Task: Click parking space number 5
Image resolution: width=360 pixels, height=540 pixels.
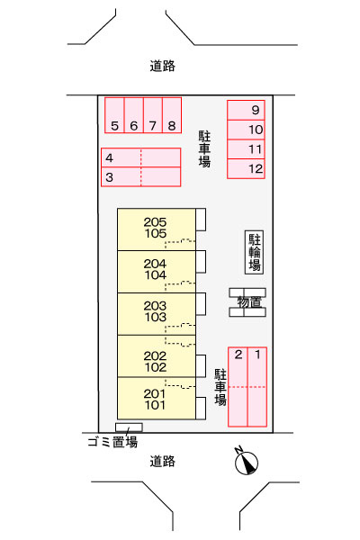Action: point(114,115)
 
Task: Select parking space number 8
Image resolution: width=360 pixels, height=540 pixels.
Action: point(172,115)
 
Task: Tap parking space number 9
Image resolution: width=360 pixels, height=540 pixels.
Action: point(246,110)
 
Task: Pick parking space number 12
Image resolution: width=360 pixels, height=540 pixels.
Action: point(246,169)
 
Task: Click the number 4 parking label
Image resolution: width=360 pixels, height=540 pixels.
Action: point(109,157)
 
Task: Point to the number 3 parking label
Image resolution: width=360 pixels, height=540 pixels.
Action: point(109,177)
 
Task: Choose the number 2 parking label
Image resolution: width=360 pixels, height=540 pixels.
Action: point(238,355)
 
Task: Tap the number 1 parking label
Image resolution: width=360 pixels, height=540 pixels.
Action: point(257,355)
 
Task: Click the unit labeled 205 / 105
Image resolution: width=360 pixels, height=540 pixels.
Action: point(157,229)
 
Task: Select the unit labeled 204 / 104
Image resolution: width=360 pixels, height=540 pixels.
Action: point(157,272)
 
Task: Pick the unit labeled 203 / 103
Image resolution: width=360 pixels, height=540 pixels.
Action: point(157,314)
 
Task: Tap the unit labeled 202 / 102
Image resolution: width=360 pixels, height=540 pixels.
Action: point(157,356)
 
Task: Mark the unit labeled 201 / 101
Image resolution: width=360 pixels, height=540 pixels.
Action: point(157,399)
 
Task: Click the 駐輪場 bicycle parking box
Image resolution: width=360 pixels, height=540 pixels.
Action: point(254,252)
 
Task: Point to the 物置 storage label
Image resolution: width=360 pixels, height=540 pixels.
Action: point(249,302)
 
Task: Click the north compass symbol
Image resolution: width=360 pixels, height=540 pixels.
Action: point(247,462)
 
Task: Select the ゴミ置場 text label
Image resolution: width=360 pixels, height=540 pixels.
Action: point(112,441)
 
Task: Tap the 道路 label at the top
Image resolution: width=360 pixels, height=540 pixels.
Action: point(162,66)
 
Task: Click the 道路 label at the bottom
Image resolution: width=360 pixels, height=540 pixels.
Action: point(162,461)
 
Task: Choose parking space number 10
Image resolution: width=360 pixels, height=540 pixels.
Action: point(246,130)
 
